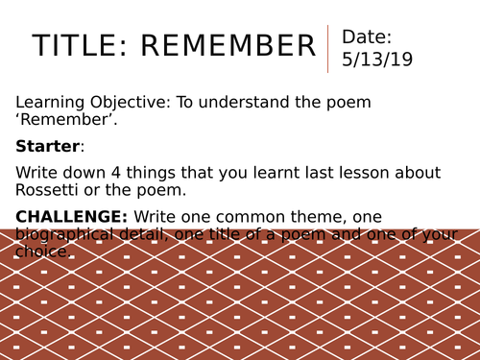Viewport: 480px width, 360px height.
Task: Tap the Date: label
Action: (367, 37)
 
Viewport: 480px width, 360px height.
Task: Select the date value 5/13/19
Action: (376, 60)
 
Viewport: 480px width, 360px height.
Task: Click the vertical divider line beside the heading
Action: (328, 48)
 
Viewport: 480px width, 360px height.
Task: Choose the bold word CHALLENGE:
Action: (73, 216)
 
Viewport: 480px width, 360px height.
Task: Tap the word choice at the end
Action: (43, 252)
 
